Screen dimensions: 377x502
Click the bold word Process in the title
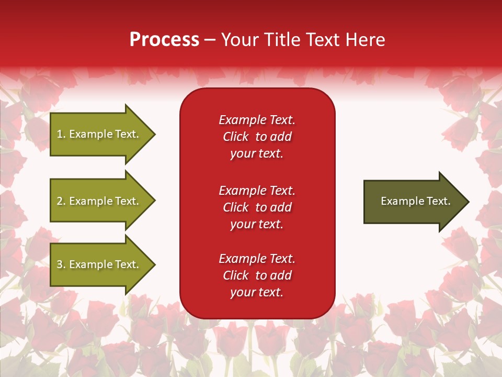coord(164,40)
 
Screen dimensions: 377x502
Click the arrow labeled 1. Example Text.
coord(99,134)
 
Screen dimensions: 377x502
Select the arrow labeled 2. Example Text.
coord(99,201)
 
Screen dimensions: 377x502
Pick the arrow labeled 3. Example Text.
coord(99,264)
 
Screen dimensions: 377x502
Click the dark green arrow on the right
coord(413,202)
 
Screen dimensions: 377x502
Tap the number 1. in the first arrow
coord(61,134)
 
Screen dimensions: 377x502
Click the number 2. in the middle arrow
coord(61,201)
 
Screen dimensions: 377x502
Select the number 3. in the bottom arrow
coord(61,264)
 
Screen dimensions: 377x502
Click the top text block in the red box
coord(257,137)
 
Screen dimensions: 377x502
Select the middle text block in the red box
coord(257,207)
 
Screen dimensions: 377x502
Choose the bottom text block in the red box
coord(257,275)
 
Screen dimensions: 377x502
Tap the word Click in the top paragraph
coord(236,137)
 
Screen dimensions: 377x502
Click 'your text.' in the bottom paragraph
coord(257,292)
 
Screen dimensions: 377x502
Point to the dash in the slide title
coord(210,40)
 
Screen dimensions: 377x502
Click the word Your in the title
coord(238,40)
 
